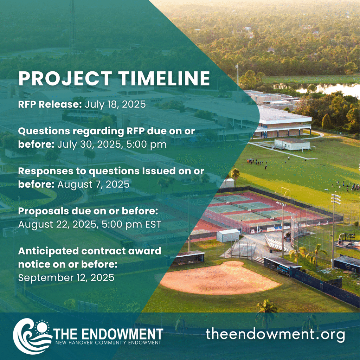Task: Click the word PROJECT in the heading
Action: click(65, 78)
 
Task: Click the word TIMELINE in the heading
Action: click(164, 78)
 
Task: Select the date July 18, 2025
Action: click(115, 104)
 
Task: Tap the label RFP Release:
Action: click(50, 104)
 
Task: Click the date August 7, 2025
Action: click(93, 185)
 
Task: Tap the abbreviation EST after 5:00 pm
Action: click(153, 225)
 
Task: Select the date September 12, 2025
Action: click(66, 278)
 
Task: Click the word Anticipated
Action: click(49, 251)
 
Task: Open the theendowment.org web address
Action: click(275, 334)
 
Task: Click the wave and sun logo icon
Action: click(32, 336)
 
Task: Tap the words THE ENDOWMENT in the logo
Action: click(108, 334)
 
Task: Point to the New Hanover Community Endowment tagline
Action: click(108, 343)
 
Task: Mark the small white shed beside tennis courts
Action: click(228, 235)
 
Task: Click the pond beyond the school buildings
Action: click(321, 88)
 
